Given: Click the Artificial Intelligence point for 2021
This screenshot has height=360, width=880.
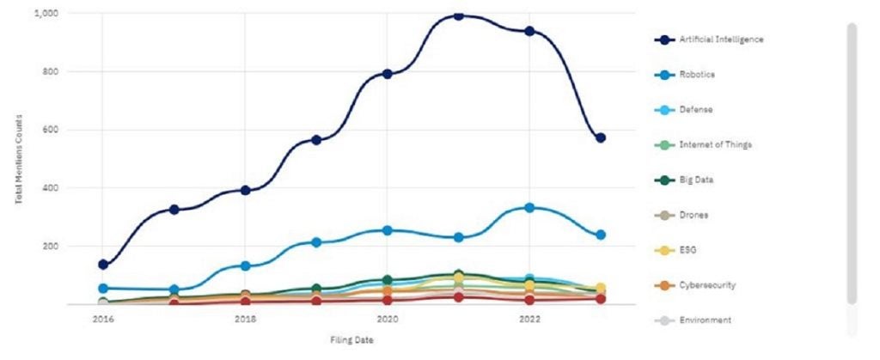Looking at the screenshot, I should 458,15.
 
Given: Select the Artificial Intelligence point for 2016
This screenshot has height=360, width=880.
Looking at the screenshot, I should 103,265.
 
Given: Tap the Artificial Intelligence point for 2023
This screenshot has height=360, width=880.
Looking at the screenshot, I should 601,137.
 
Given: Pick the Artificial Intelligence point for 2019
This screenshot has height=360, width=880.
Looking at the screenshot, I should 316,139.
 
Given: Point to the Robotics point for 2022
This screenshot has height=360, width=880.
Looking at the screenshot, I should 529,208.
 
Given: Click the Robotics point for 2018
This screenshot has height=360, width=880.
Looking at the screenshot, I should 245,266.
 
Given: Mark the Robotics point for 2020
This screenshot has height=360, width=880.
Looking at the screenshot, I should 388,230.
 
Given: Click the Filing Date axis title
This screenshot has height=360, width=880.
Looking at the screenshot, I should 352,340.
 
